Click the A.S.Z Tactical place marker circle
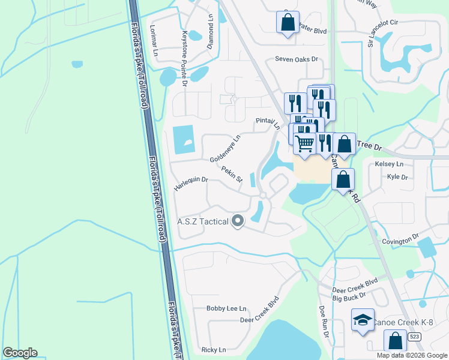coord(238,221)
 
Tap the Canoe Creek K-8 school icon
coord(363,322)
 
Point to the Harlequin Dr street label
coord(190,183)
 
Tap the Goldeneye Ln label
coord(224,148)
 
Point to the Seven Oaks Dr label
coord(296,59)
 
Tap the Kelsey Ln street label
coord(389,164)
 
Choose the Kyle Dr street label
coord(397,177)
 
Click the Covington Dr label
coord(400,241)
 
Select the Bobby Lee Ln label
coord(226,308)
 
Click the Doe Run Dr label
coord(324,321)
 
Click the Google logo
coord(20,353)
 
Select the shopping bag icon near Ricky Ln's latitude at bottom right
coord(395,341)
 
